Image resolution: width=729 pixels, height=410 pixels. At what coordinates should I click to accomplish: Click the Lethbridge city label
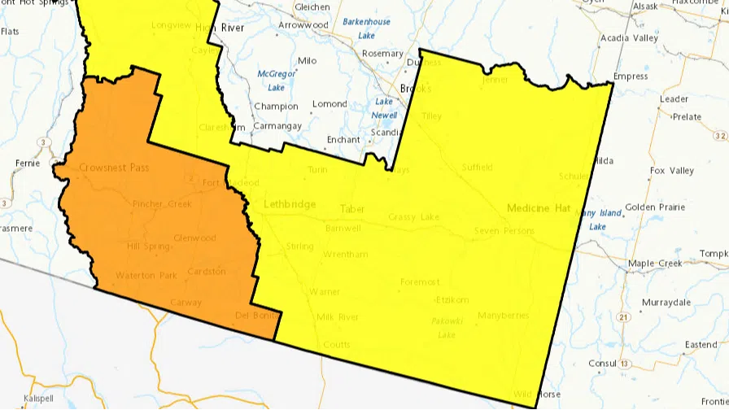[290, 204]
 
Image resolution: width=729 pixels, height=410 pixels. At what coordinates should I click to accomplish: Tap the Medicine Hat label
[538, 208]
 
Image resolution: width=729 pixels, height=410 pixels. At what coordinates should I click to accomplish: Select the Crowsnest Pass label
[113, 168]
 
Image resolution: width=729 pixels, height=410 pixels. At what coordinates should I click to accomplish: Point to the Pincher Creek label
[162, 204]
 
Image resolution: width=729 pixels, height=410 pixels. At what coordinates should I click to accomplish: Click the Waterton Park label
[146, 276]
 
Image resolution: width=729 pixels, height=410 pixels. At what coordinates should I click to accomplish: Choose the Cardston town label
[206, 272]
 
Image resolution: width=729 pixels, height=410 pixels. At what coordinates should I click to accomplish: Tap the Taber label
[352, 209]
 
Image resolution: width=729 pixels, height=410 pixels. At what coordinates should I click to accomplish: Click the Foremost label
[420, 282]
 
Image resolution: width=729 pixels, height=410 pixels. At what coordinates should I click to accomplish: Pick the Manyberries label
[504, 316]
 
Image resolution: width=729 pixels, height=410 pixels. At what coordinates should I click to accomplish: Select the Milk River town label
[338, 317]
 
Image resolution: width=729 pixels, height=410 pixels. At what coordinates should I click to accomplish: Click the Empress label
[631, 76]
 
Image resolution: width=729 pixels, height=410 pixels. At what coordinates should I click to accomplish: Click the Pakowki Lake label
[447, 328]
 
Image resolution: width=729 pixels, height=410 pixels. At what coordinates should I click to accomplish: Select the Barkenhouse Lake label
[366, 28]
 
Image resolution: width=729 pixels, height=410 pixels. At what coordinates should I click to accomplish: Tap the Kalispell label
[37, 399]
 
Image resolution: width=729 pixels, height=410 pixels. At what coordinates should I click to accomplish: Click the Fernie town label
[27, 164]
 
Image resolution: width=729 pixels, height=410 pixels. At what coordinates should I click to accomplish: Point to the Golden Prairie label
[655, 207]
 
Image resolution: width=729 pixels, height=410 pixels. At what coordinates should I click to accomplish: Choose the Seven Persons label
[504, 231]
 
